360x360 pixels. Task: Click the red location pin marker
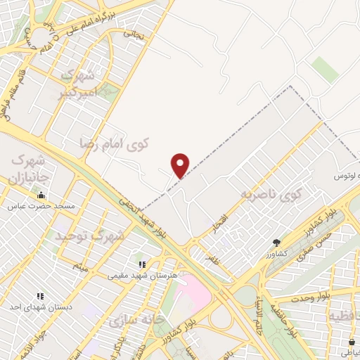(x=181, y=165)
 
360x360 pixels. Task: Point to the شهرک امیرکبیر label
(x=83, y=82)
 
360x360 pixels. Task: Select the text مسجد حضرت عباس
(x=41, y=207)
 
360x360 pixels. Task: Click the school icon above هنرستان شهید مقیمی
(x=141, y=264)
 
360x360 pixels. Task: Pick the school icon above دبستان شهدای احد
(x=40, y=297)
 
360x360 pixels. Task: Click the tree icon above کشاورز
(x=276, y=243)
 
